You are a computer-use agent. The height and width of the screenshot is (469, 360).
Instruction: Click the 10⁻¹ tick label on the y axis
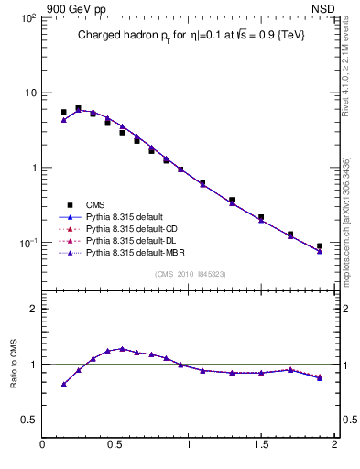[25, 244]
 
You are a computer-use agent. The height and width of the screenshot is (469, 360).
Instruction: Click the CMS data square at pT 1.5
[261, 218]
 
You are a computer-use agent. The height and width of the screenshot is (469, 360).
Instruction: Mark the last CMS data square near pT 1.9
[320, 246]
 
